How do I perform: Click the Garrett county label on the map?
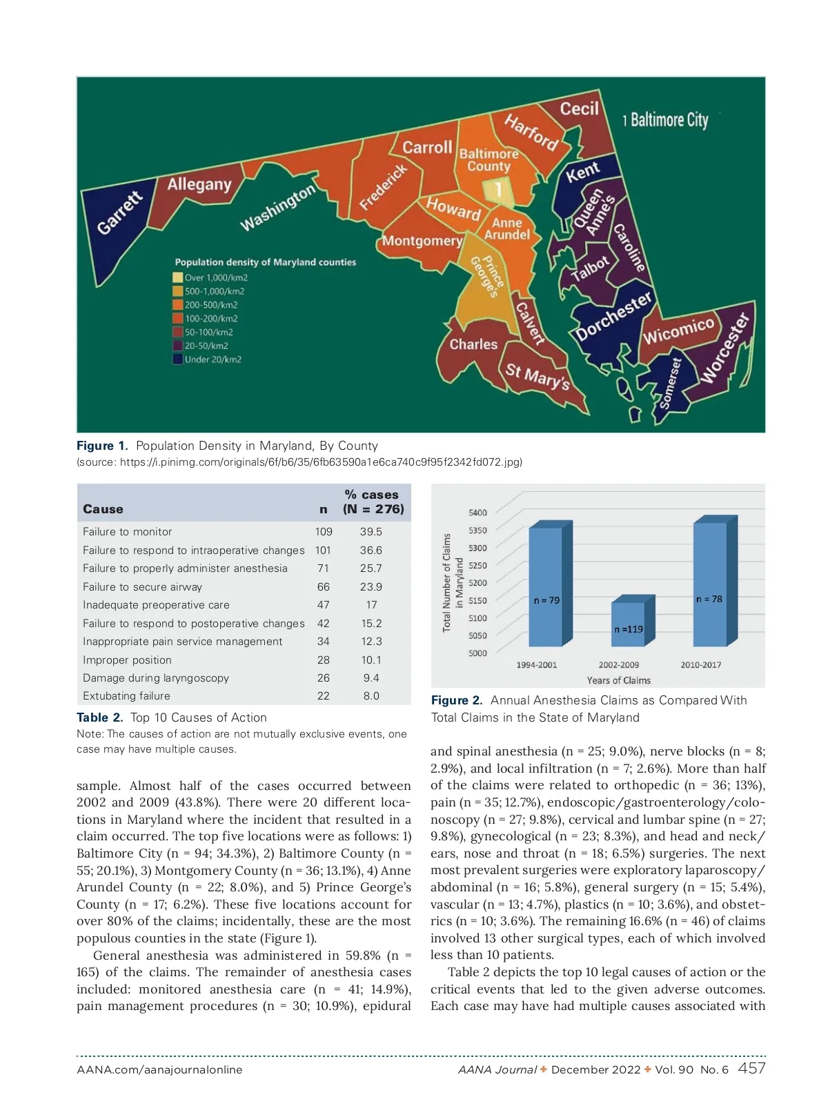click(x=120, y=212)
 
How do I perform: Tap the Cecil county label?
click(x=579, y=109)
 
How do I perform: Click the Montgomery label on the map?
click(x=422, y=241)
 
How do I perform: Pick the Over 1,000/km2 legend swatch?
click(x=177, y=277)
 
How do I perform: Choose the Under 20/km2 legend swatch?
click(x=177, y=359)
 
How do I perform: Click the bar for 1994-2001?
click(x=546, y=586)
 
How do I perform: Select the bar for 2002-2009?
click(x=628, y=624)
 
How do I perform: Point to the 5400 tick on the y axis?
click(x=477, y=513)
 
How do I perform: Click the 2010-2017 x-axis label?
click(x=700, y=665)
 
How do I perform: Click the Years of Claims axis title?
click(x=618, y=680)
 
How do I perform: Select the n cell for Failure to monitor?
click(x=324, y=532)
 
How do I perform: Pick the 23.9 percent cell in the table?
click(x=371, y=587)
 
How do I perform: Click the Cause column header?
click(x=103, y=509)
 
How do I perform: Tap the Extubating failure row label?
click(x=126, y=696)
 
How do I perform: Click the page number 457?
click(x=751, y=1069)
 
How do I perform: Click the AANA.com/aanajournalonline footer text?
click(x=159, y=1070)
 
